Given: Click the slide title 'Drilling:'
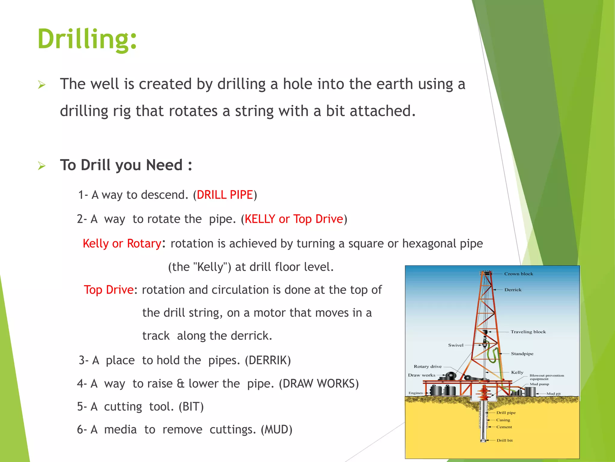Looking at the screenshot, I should (x=87, y=39).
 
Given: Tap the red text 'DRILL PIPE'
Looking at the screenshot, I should (x=225, y=195).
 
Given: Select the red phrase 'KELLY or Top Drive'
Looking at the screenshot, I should (x=294, y=219).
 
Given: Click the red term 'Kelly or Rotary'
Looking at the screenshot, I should (x=122, y=243).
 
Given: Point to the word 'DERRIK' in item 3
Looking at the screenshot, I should (x=268, y=360).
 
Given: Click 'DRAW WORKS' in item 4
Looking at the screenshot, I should (x=319, y=384).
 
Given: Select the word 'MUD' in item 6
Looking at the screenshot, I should (x=276, y=430).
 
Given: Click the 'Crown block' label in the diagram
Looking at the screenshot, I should (x=519, y=274).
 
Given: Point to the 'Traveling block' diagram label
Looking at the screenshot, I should (x=528, y=332).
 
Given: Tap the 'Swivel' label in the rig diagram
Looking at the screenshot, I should (x=456, y=345).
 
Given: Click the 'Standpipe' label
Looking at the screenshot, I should (x=522, y=354).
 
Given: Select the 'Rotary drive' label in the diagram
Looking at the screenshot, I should (x=428, y=366).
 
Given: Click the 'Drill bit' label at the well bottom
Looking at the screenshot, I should (x=504, y=440).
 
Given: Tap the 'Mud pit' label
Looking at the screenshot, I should (x=553, y=393).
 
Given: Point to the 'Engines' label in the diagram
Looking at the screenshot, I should (x=416, y=393).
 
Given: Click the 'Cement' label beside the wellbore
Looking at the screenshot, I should (x=504, y=427).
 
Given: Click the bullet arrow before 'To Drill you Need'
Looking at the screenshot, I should (x=42, y=165).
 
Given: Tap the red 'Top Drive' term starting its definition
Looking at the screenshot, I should (x=108, y=290).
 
